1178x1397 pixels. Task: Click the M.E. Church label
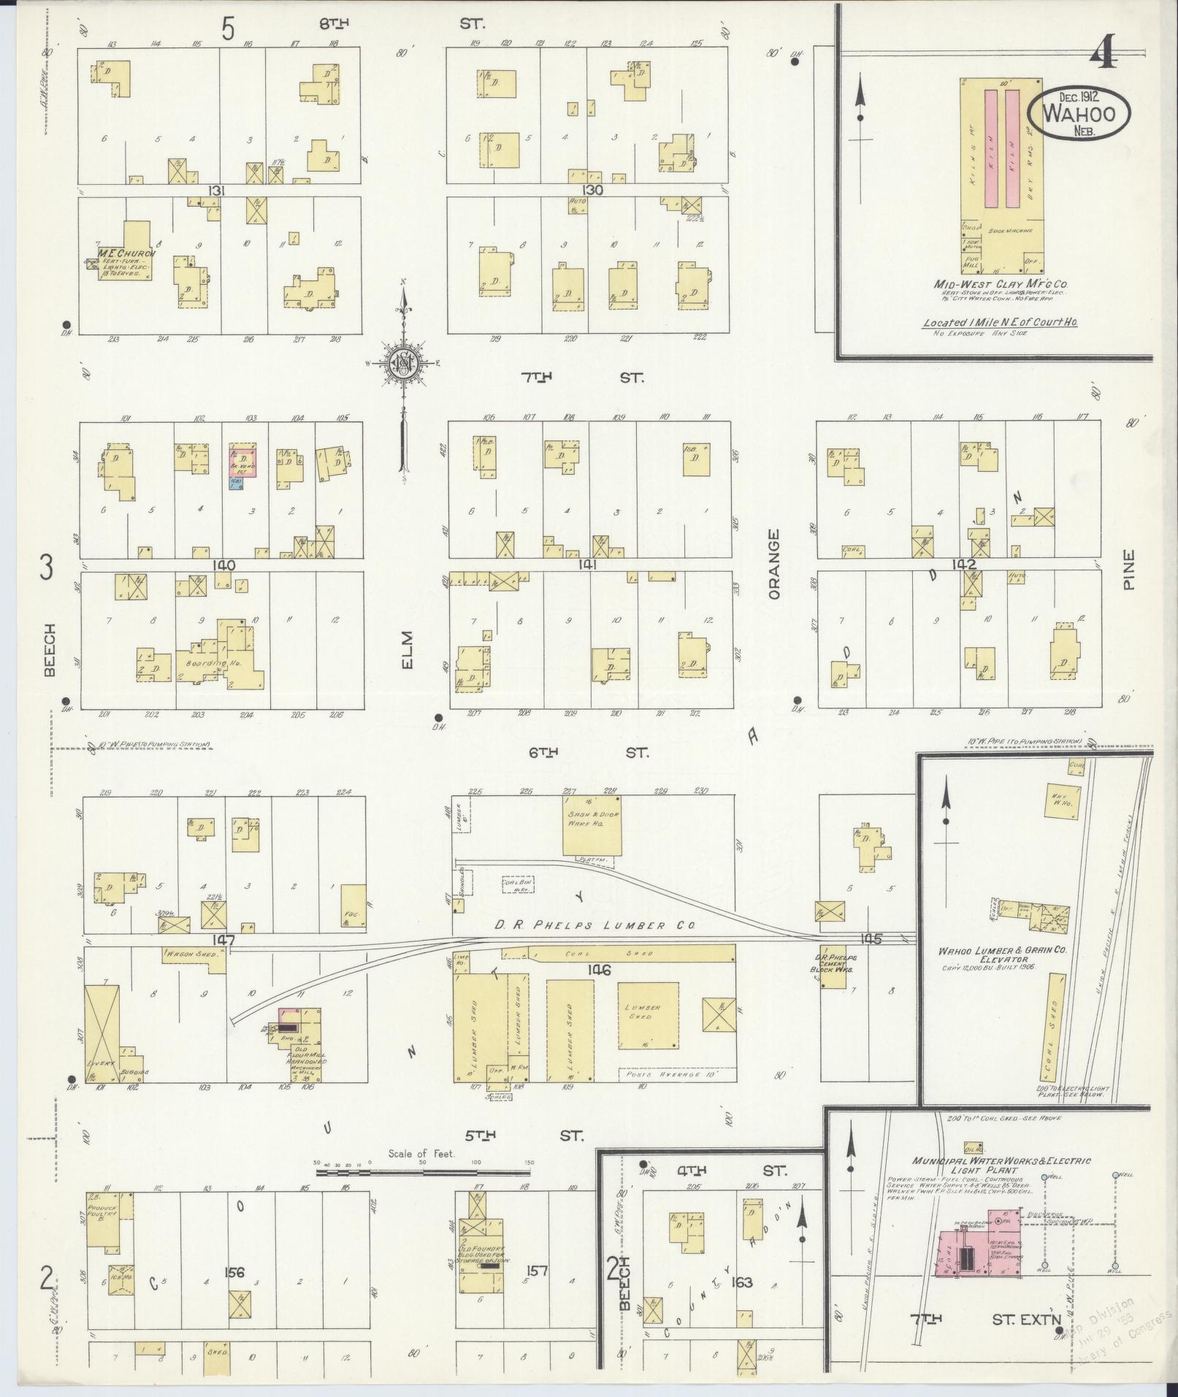tap(123, 253)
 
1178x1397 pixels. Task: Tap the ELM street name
tap(407, 648)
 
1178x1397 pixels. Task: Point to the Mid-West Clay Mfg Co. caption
tap(998, 284)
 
